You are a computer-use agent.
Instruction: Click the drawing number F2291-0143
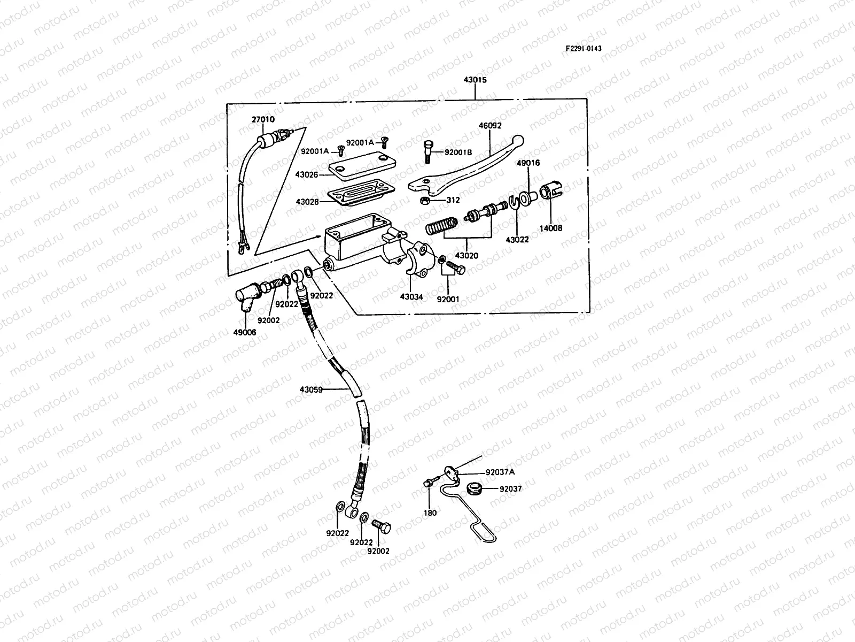point(583,48)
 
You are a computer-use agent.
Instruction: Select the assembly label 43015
point(475,80)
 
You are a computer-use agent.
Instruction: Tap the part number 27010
point(263,119)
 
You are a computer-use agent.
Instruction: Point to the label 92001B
point(458,152)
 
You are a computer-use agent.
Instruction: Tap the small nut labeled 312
point(425,201)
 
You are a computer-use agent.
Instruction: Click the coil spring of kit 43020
point(441,226)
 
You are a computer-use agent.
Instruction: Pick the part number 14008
point(551,228)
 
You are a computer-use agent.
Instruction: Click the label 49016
point(528,163)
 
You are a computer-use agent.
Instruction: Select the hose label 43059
point(311,389)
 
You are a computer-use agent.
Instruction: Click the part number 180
point(430,513)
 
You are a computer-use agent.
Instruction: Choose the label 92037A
point(500,472)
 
